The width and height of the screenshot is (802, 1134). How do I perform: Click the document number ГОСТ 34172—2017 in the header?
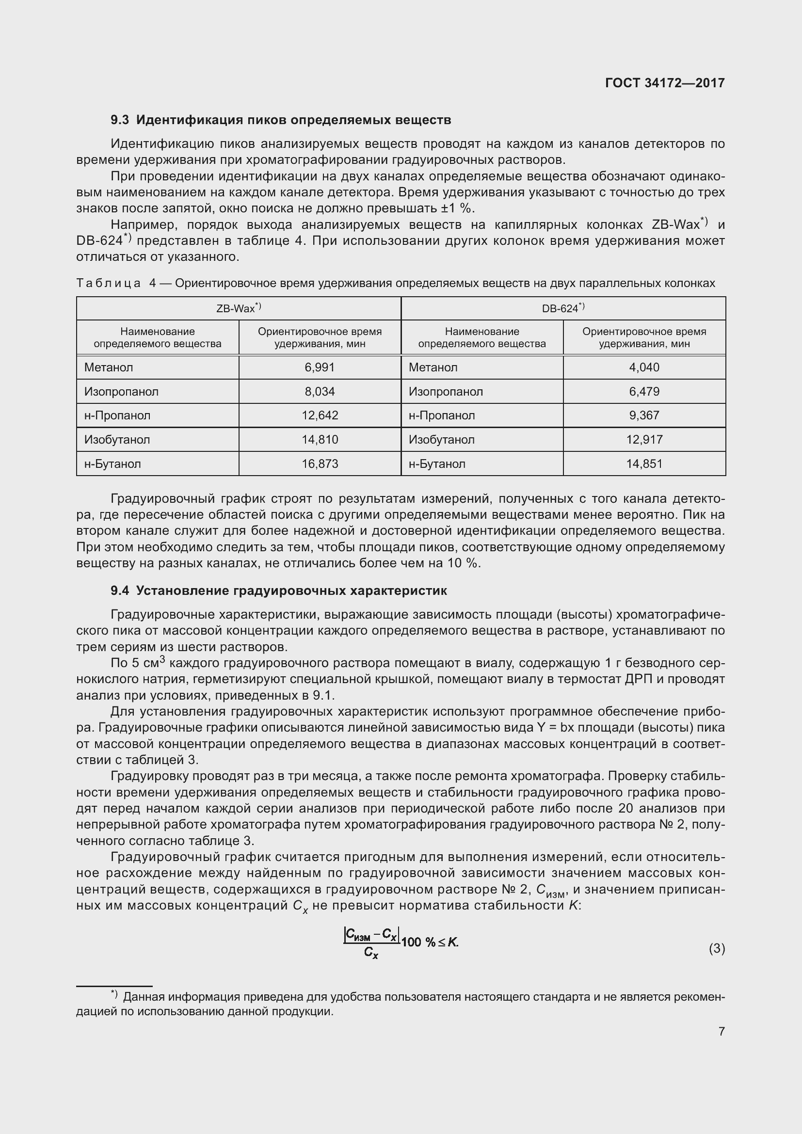tap(665, 83)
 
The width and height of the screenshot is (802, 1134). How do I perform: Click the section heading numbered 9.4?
tap(278, 591)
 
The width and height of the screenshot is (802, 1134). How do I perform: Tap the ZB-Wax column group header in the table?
tap(239, 309)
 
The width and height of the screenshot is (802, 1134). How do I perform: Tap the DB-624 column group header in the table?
tap(563, 309)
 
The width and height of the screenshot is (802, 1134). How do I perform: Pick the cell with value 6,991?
tap(320, 367)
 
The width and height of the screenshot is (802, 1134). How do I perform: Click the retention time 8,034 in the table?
tap(320, 392)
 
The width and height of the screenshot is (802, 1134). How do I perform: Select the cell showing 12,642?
tap(320, 415)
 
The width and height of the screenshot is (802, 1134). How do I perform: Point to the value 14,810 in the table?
tap(320, 440)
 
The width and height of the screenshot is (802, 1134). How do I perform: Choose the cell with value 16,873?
tap(320, 464)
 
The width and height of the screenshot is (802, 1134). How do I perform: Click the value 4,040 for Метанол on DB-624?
tap(644, 367)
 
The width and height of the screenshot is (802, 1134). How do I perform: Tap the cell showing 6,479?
tap(644, 392)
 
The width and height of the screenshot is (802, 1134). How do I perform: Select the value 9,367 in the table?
tap(644, 415)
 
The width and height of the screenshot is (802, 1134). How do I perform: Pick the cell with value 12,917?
tap(644, 440)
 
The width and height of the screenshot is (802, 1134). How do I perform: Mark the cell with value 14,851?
tap(644, 464)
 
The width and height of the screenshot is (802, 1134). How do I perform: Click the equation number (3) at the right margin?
tap(717, 948)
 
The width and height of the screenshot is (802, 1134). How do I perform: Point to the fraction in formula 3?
tap(371, 943)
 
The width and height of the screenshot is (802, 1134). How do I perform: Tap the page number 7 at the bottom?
tap(722, 1031)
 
